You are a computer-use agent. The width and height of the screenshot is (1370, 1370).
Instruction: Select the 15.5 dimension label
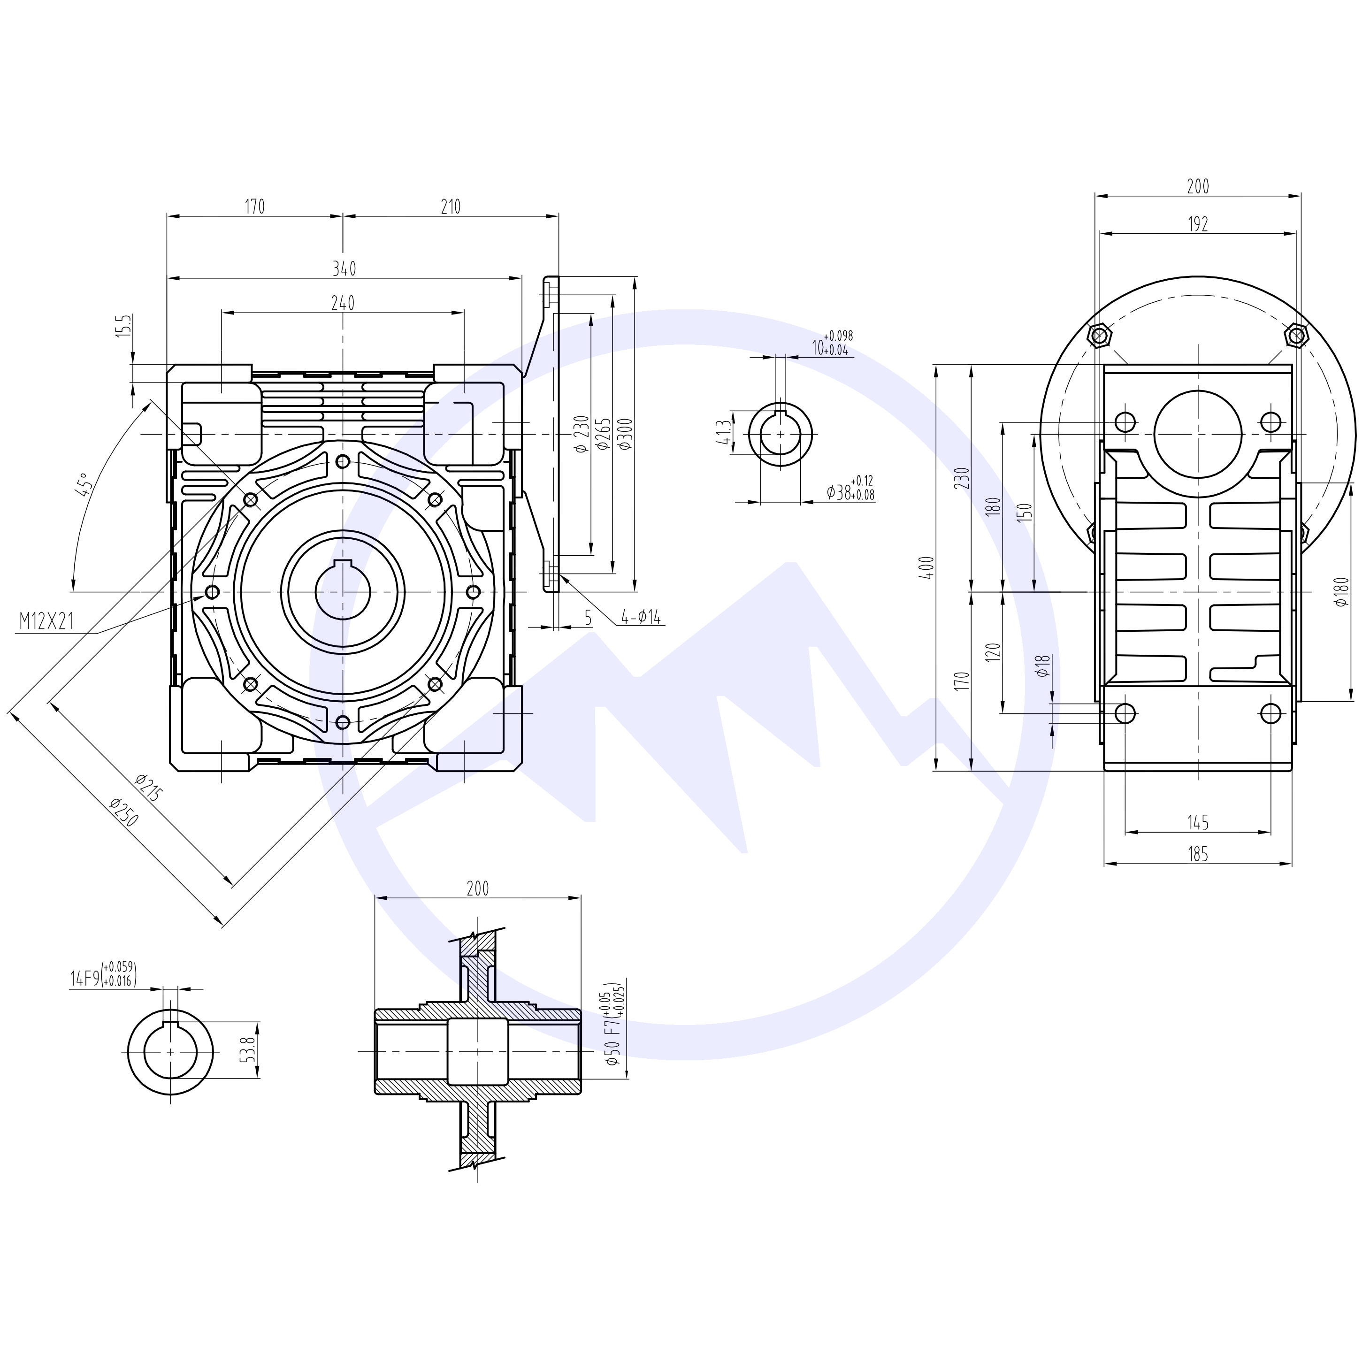pos(125,328)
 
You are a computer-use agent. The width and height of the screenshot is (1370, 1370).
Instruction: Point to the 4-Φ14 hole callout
pos(640,618)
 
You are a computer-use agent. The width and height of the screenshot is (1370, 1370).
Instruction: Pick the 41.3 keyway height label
pos(723,431)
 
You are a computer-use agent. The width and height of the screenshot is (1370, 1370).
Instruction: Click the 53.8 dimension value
pos(247,1049)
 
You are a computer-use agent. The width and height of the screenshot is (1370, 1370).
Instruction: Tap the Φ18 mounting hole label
pos(1042,665)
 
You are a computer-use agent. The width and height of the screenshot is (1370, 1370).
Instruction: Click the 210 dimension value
pos(450,207)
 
